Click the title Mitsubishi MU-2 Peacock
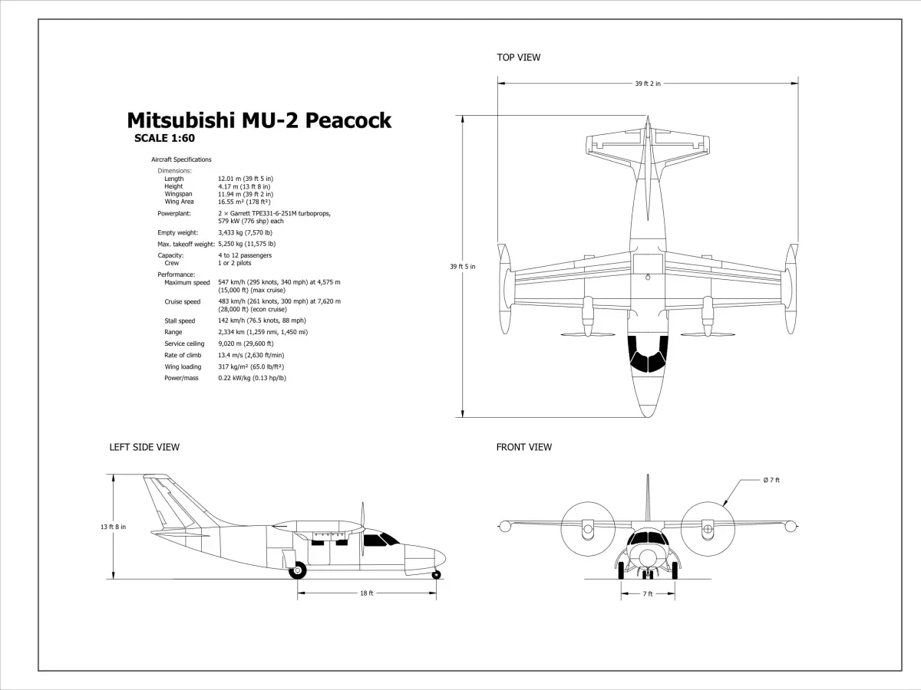259,121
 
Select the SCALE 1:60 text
164,139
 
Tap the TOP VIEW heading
518,58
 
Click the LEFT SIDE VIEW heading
144,447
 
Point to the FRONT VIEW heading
523,447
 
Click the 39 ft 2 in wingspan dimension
647,84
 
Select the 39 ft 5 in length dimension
462,267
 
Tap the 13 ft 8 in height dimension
113,527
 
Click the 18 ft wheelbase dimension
366,593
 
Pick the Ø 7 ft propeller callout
771,480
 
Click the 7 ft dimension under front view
647,594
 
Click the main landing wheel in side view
297,570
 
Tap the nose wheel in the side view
436,573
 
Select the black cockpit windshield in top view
647,353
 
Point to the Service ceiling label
184,343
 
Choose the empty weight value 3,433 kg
245,232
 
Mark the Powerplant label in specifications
174,213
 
